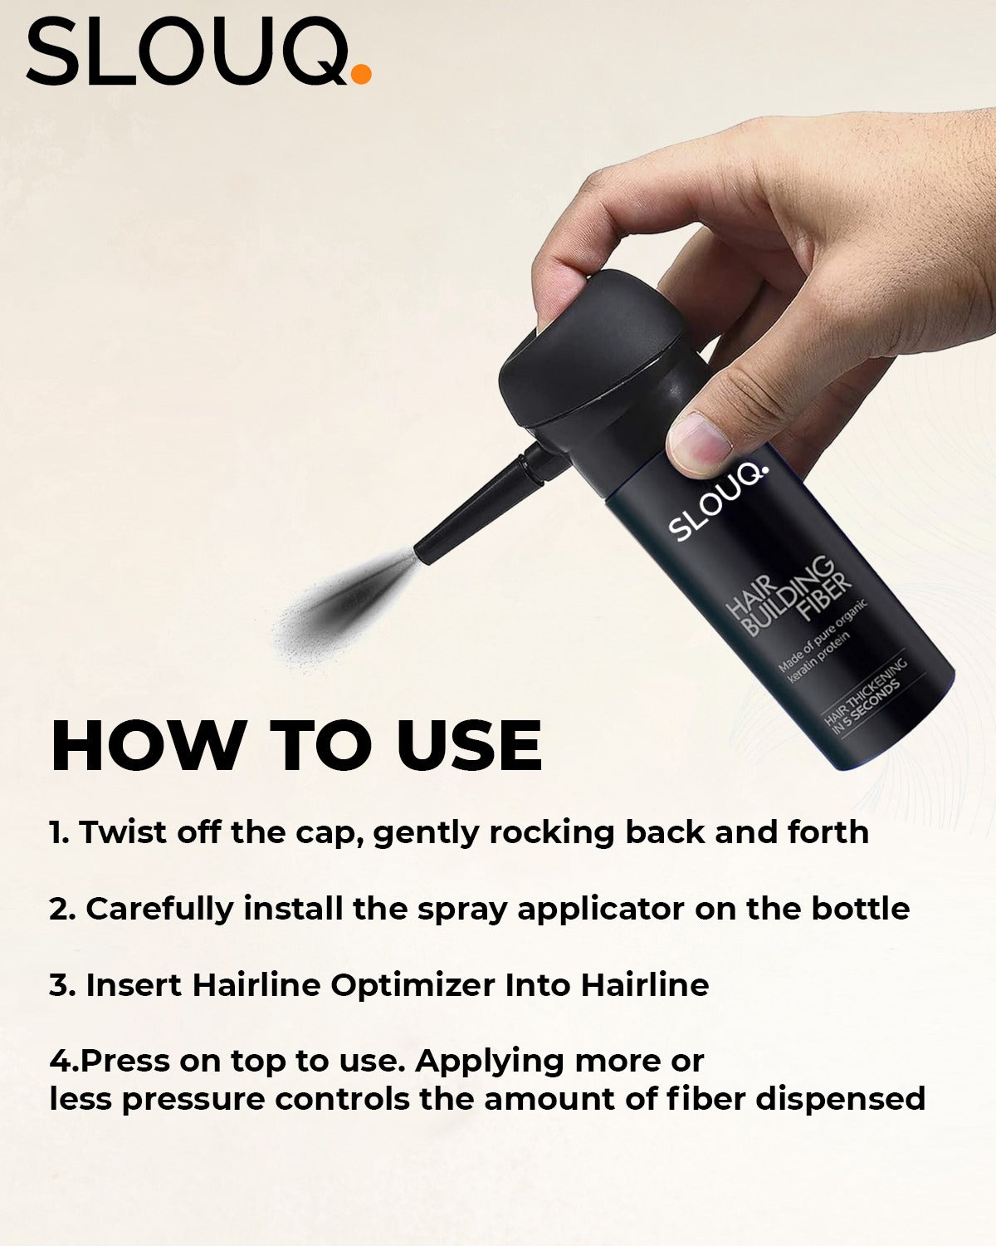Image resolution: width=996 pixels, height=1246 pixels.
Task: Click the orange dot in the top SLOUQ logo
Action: click(361, 74)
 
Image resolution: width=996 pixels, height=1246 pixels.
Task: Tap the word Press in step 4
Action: click(124, 1062)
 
